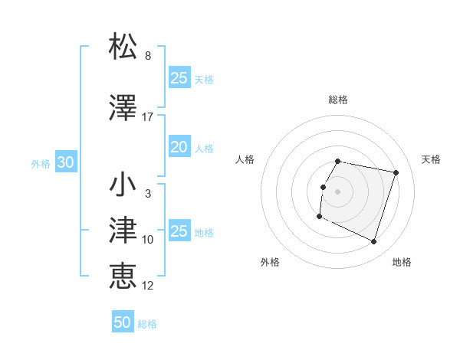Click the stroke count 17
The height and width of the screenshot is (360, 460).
tap(148, 117)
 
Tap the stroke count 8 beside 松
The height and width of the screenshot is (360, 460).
tap(148, 56)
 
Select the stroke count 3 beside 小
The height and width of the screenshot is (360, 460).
tap(148, 194)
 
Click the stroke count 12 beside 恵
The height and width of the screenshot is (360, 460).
tap(148, 286)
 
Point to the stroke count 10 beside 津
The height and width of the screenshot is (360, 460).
tap(148, 240)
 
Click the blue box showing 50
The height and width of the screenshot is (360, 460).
tap(123, 322)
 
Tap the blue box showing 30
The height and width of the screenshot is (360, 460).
tap(64, 162)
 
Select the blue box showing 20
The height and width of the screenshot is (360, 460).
tap(179, 147)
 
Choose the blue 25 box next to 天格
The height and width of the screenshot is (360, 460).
tap(179, 77)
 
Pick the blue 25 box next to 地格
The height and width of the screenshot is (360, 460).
tap(179, 231)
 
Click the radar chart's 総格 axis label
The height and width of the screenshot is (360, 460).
tap(338, 100)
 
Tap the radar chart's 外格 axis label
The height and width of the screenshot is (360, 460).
tap(270, 262)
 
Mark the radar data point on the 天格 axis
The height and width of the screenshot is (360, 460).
tap(396, 173)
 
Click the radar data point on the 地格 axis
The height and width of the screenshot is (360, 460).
tap(373, 242)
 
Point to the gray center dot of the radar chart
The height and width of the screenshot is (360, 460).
tap(337, 191)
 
